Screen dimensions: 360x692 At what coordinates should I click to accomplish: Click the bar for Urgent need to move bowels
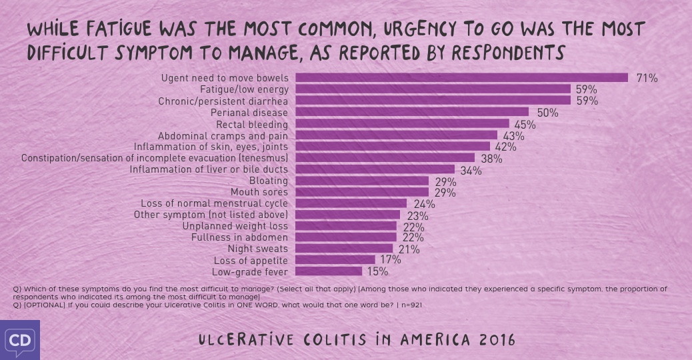pos(461,77)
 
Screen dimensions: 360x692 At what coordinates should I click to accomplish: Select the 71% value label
pos(647,78)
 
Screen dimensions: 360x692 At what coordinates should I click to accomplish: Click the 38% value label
pos(491,159)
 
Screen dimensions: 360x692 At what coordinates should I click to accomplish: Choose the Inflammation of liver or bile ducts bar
pos(374,170)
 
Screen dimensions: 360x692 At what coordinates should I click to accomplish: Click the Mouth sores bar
pos(361,193)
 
